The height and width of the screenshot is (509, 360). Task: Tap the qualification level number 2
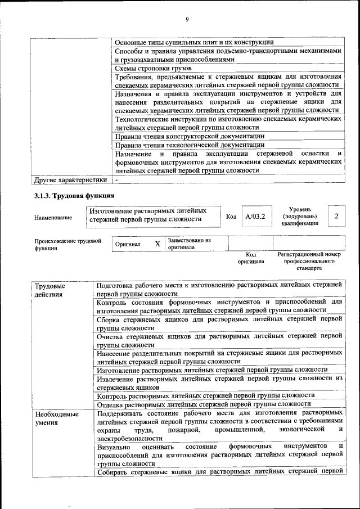pyautogui.click(x=336, y=216)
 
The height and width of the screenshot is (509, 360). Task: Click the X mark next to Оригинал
pyautogui.click(x=157, y=244)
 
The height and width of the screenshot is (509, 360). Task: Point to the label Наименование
pyautogui.click(x=53, y=217)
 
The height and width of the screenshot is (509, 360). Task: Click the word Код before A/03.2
pyautogui.click(x=231, y=217)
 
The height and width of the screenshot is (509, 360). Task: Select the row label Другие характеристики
pyautogui.click(x=70, y=180)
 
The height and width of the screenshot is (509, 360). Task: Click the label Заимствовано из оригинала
pyautogui.click(x=189, y=244)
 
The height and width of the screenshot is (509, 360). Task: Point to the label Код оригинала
pyautogui.click(x=250, y=258)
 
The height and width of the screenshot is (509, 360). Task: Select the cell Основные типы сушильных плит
pyautogui.click(x=194, y=42)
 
